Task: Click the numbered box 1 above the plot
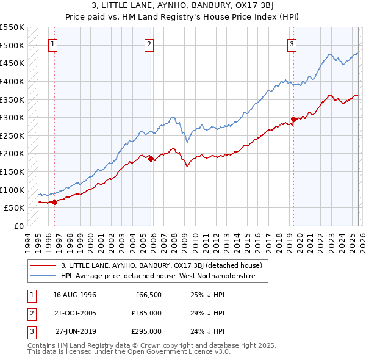tap(53, 44)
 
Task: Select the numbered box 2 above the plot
tap(149, 44)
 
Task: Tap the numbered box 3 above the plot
tap(292, 44)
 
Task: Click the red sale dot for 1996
tap(54, 202)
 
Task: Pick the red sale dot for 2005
tap(151, 159)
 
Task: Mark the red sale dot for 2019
tap(293, 120)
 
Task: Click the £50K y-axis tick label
tap(13, 207)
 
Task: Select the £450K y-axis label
tap(12, 63)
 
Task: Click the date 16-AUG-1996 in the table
tap(74, 295)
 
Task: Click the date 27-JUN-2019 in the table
tap(76, 331)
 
